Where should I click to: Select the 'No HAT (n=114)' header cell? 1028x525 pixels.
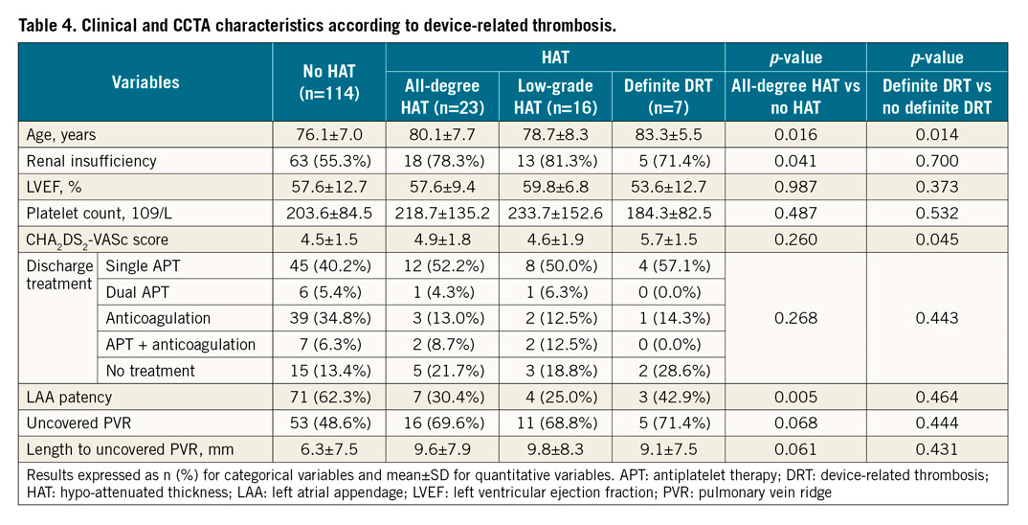[329, 83]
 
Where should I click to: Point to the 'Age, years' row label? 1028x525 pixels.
[60, 136]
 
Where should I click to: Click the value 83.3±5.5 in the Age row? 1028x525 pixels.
[668, 136]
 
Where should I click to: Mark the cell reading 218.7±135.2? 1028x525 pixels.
[443, 212]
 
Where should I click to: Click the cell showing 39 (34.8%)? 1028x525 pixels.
[329, 317]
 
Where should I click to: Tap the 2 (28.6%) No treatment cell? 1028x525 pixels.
[668, 370]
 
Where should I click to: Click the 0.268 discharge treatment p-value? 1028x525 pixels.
[795, 317]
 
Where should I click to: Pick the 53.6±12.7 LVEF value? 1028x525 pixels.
[668, 186]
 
